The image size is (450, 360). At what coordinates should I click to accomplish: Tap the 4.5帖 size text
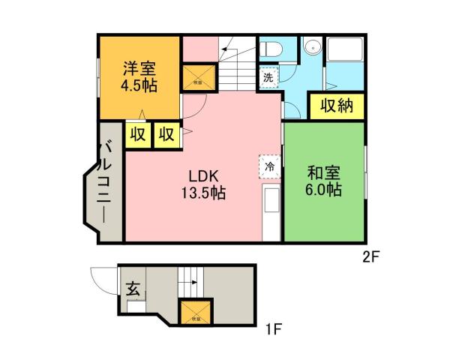pyautogui.click(x=140, y=85)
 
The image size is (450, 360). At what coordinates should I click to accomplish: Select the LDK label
pyautogui.click(x=202, y=176)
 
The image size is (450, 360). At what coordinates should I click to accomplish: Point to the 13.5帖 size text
pyautogui.click(x=202, y=193)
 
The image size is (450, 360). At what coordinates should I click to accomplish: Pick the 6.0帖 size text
pyautogui.click(x=323, y=190)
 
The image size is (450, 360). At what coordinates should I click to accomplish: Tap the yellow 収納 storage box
pyautogui.click(x=337, y=106)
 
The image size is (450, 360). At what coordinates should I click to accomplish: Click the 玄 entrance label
pyautogui.click(x=132, y=288)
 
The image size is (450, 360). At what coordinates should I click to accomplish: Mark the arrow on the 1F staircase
pyautogui.click(x=192, y=284)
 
